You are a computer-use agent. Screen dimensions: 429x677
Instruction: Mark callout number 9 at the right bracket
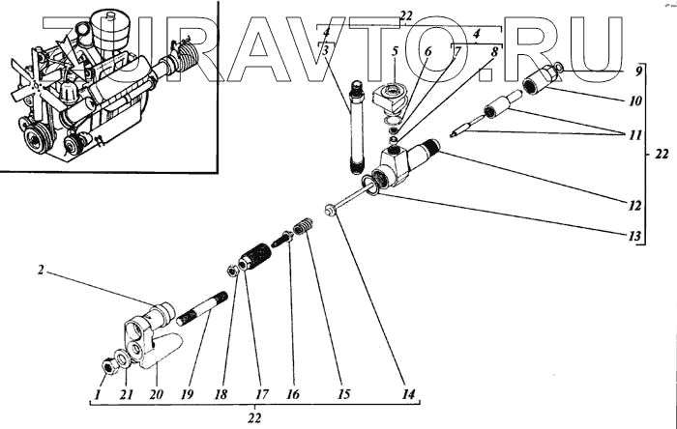point(639,71)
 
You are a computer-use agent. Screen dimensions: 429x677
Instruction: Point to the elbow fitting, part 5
point(389,99)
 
